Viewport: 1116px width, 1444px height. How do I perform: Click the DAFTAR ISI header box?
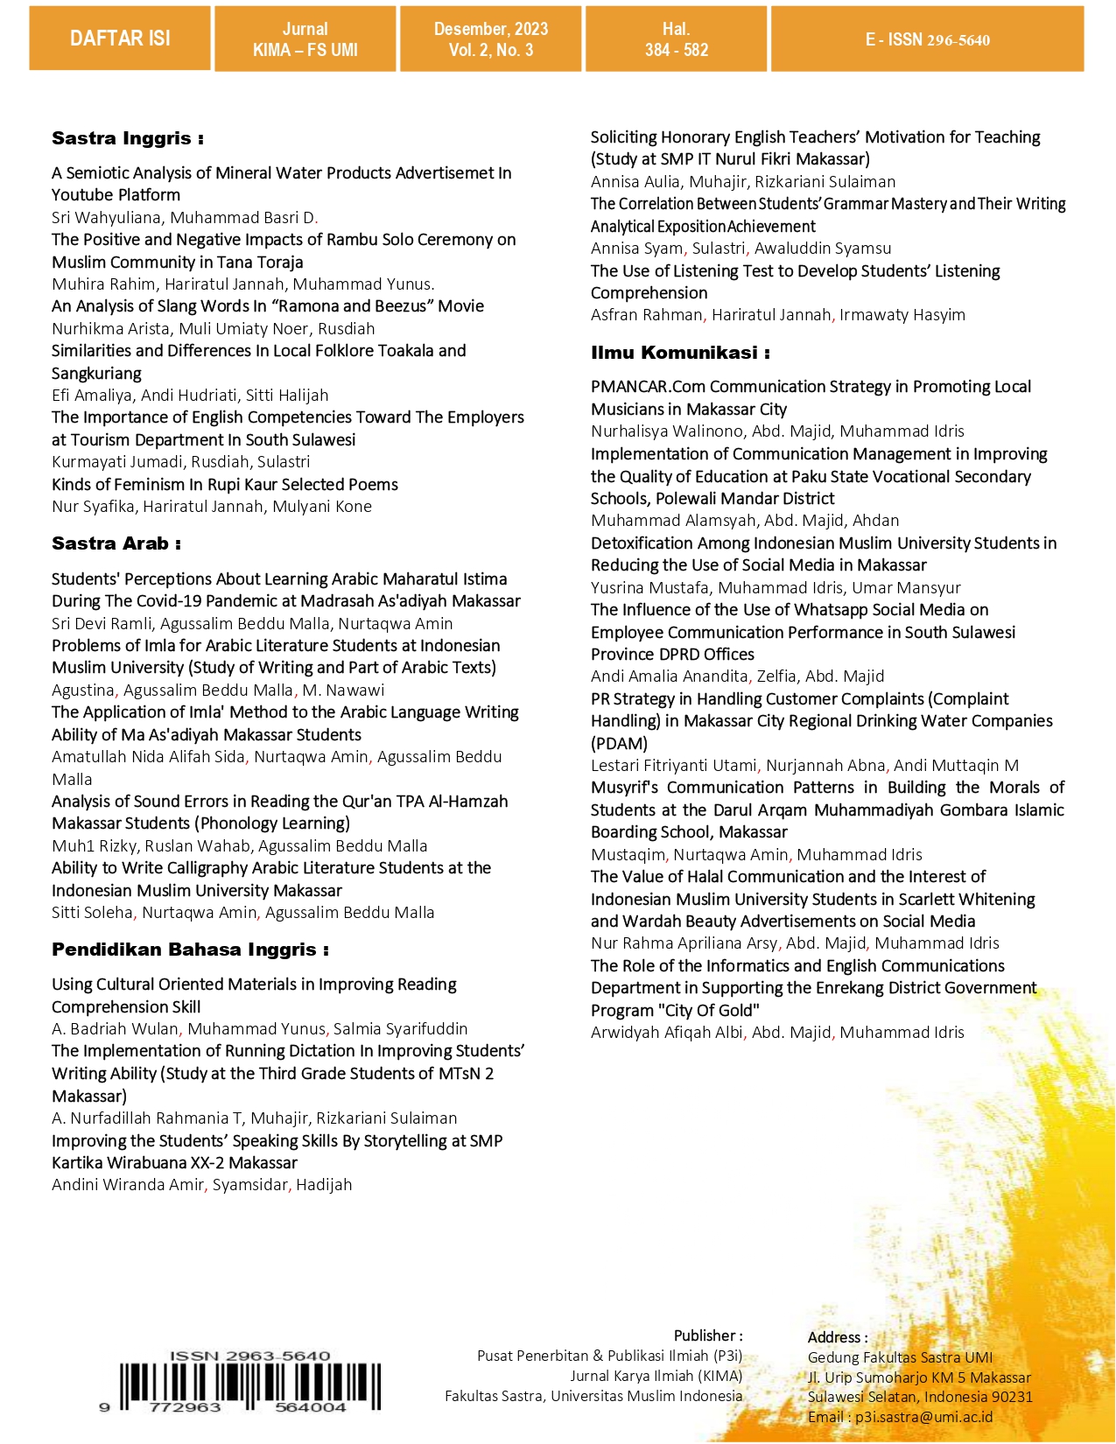pyautogui.click(x=120, y=39)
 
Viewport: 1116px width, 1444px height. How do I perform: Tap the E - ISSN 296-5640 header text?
pyautogui.click(x=928, y=39)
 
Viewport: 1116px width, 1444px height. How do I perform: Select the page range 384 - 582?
pyautogui.click(x=677, y=51)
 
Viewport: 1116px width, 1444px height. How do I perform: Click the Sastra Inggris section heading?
pyautogui.click(x=127, y=138)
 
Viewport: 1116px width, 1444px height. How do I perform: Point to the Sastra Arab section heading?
pyautogui.click(x=116, y=543)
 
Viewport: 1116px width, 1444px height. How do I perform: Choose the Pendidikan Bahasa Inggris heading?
pyautogui.click(x=190, y=950)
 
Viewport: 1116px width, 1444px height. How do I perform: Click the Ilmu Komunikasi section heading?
pyautogui.click(x=679, y=353)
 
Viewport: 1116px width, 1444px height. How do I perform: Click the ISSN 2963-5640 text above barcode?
pyautogui.click(x=249, y=1356)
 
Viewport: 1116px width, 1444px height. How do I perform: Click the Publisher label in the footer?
pyautogui.click(x=707, y=1335)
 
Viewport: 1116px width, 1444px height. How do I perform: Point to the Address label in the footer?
pyautogui.click(x=837, y=1337)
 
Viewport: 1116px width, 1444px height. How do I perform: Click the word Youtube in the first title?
pyautogui.click(x=81, y=195)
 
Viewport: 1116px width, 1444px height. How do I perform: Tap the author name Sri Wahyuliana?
pyautogui.click(x=106, y=218)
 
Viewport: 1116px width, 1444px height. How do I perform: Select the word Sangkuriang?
pyautogui.click(x=96, y=374)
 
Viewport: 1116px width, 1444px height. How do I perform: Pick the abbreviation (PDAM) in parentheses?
pyautogui.click(x=619, y=744)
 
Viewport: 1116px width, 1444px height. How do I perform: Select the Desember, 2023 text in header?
pyautogui.click(x=491, y=29)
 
